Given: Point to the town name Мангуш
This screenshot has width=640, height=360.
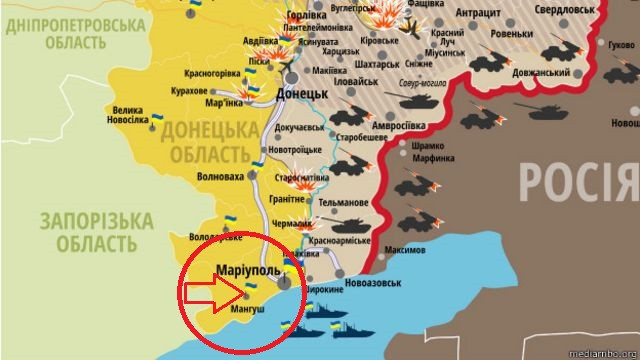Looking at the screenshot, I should tap(246, 311).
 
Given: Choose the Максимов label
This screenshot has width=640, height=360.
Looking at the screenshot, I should tap(405, 249).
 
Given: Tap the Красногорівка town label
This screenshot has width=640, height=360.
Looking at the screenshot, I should tap(213, 73).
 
